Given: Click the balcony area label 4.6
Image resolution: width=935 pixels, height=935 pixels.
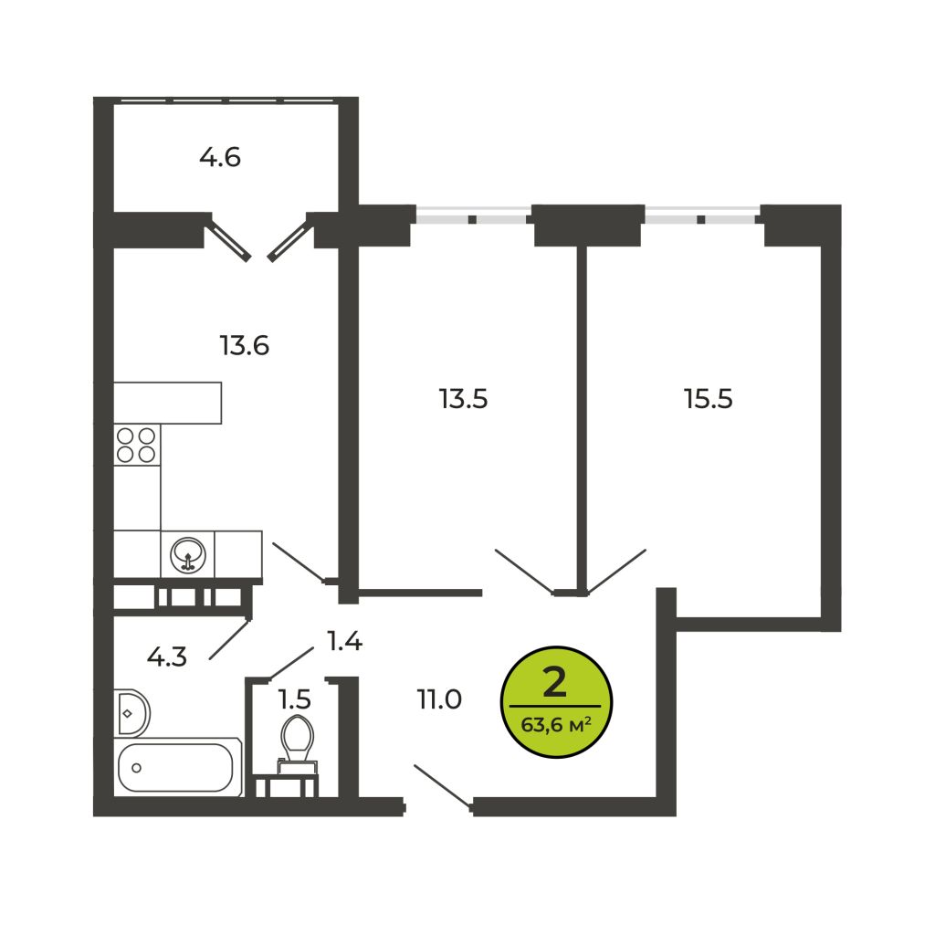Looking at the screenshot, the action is [x=220, y=158].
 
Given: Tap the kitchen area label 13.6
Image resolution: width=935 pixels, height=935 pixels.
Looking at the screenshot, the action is [x=245, y=346].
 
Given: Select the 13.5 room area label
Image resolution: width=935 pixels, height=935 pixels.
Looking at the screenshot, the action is [x=463, y=399].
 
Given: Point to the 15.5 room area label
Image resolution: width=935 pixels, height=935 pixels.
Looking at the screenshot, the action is [x=709, y=399].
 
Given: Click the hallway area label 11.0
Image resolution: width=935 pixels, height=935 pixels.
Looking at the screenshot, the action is [x=439, y=699].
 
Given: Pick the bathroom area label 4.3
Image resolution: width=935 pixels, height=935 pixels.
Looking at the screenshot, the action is [x=167, y=657].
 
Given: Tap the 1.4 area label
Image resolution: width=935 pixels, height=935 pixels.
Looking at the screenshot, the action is [x=344, y=641].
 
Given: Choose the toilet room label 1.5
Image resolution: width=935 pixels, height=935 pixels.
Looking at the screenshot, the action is [x=295, y=699].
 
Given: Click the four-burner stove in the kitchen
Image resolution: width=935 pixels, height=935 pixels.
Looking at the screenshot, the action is [x=137, y=445].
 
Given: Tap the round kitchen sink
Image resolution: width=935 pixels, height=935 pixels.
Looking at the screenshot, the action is [x=188, y=555].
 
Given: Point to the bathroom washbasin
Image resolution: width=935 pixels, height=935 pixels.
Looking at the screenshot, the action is [x=131, y=713].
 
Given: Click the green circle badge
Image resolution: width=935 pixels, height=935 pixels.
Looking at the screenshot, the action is [x=556, y=702].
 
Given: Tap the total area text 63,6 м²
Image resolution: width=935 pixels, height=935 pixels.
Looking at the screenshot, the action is [x=556, y=725].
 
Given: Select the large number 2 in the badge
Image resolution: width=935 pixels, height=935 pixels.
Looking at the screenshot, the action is [x=554, y=683].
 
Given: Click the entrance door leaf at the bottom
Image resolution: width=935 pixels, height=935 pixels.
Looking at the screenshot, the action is [x=443, y=786].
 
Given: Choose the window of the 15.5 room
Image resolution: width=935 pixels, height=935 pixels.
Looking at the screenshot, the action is [x=702, y=215].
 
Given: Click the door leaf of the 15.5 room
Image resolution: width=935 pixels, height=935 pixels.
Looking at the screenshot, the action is [x=616, y=572].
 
